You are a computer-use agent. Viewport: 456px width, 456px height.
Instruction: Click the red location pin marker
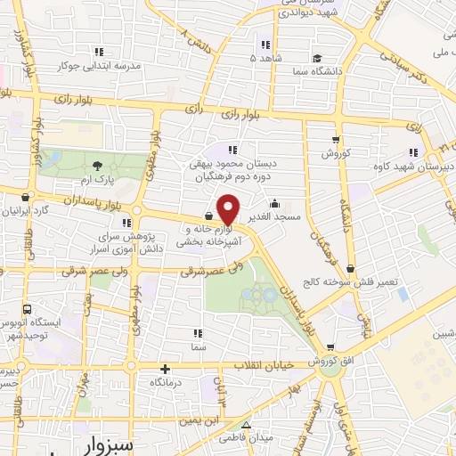(229, 209)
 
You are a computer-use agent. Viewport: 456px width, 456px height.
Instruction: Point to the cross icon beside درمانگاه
(165, 369)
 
